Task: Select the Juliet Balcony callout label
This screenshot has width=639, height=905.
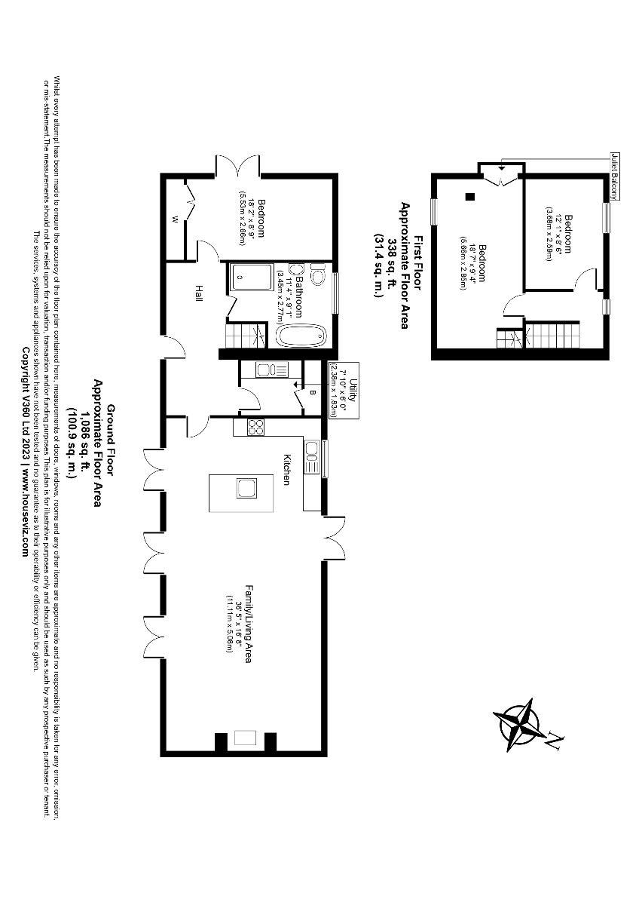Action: click(616, 176)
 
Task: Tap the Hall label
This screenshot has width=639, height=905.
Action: click(199, 293)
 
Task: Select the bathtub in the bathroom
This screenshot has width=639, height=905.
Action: click(301, 335)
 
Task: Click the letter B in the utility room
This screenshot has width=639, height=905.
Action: click(313, 393)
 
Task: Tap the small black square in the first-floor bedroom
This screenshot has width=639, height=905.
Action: click(469, 197)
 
